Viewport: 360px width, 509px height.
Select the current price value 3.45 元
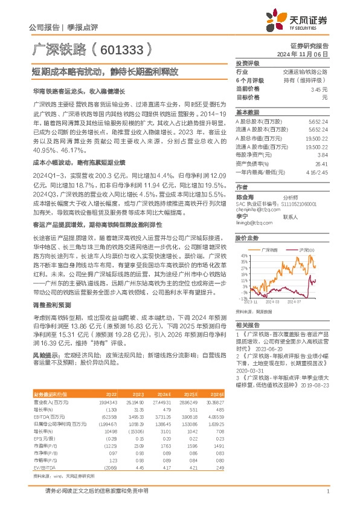coord(320,89)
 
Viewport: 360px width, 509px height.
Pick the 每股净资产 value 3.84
coord(323,155)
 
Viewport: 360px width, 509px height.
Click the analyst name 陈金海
coord(245,196)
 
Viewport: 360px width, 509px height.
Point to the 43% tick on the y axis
coord(243,256)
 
